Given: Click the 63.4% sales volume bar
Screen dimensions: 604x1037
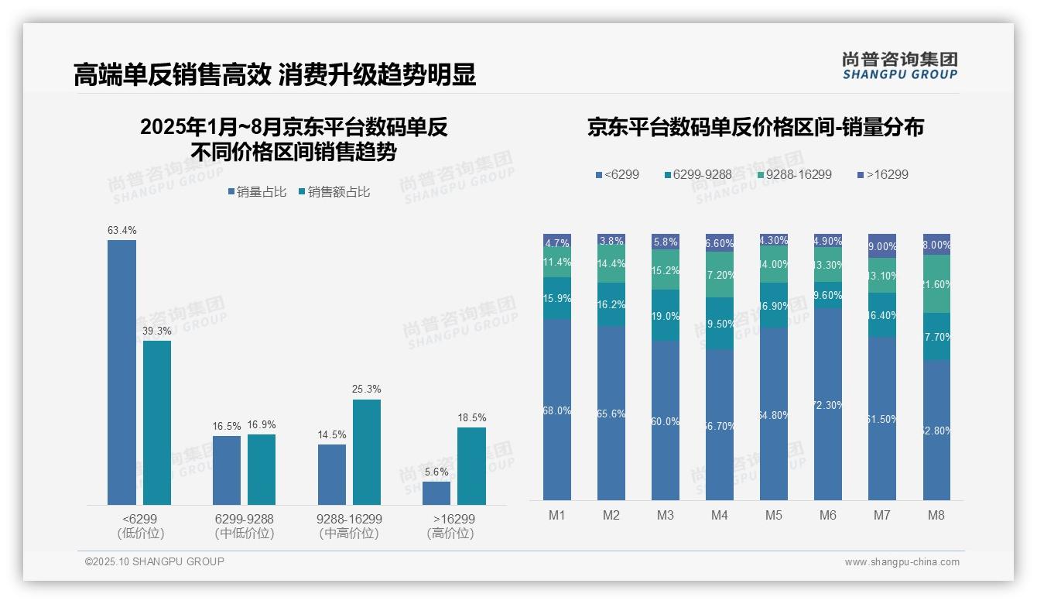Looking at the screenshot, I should (121, 372).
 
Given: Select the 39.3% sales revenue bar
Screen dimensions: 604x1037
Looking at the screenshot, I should (157, 423).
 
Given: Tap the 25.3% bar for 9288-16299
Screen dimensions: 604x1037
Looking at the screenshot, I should (367, 452).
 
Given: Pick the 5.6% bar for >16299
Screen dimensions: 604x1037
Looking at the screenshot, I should (436, 493).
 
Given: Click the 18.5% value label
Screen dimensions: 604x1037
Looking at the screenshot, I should (471, 418).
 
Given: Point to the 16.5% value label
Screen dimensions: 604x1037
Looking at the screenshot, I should (227, 427).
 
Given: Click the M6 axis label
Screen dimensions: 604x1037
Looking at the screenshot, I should (827, 515).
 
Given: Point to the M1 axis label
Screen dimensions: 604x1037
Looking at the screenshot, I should (556, 515).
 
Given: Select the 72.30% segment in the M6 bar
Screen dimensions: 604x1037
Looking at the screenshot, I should (828, 404).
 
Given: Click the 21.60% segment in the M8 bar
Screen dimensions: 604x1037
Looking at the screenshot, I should (936, 284).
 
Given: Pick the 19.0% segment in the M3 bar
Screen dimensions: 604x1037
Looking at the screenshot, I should (666, 316).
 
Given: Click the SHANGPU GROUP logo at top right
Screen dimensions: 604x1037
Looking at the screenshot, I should (899, 66).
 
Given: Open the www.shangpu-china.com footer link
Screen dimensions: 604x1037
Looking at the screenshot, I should (902, 562).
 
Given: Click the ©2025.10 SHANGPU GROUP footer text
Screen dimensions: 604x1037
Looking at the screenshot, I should (155, 561).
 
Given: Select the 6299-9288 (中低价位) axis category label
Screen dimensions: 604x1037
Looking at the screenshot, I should (245, 526).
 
